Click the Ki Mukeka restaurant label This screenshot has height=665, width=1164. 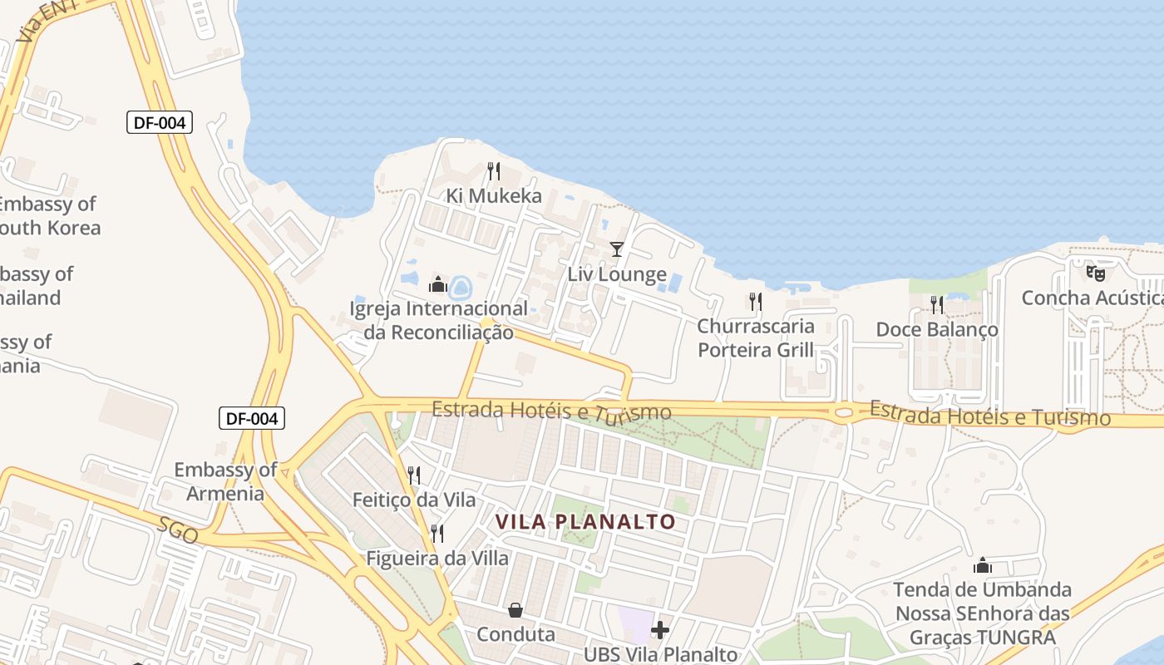click(x=494, y=196)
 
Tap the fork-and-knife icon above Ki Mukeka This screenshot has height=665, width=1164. click(x=494, y=171)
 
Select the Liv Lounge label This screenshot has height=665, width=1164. click(x=617, y=274)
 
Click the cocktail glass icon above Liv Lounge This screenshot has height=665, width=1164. click(x=616, y=249)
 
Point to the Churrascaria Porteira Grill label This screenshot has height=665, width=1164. click(x=756, y=337)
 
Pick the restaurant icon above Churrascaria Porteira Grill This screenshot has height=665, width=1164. click(x=755, y=301)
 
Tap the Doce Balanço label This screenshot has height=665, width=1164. click(x=937, y=329)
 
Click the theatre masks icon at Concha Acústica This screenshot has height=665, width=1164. click(x=1096, y=272)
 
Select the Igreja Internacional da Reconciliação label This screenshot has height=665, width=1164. click(x=438, y=320)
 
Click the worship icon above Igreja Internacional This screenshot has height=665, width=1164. click(x=438, y=285)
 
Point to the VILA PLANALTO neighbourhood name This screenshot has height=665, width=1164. click(x=585, y=521)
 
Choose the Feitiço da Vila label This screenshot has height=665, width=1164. click(x=414, y=500)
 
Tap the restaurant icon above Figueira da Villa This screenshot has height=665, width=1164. click(x=437, y=533)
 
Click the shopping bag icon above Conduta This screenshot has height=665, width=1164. click(x=515, y=611)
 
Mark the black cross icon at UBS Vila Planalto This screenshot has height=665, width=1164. click(x=660, y=630)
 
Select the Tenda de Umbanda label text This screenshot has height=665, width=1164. click(x=982, y=613)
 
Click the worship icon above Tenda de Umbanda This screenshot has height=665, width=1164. click(x=983, y=566)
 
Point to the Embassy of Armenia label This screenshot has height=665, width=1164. click(x=224, y=481)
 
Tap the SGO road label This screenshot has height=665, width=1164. click(x=178, y=530)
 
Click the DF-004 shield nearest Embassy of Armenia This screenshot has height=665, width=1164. click(x=252, y=418)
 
